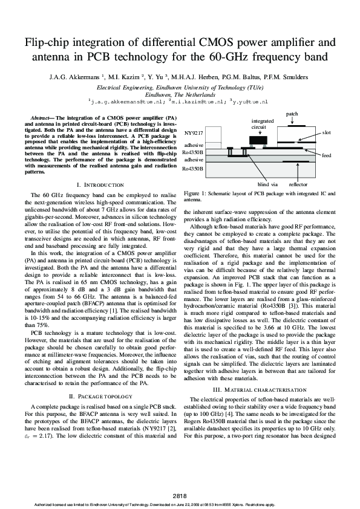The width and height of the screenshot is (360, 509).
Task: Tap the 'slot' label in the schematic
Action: (326, 132)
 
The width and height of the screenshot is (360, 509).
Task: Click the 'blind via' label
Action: (267, 183)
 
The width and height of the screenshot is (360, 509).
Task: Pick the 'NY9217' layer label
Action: (194, 132)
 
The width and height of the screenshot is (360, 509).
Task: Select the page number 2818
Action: (180, 495)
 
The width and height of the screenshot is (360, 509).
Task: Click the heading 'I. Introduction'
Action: (100, 184)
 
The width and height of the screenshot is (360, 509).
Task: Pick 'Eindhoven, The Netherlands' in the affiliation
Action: (180, 95)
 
